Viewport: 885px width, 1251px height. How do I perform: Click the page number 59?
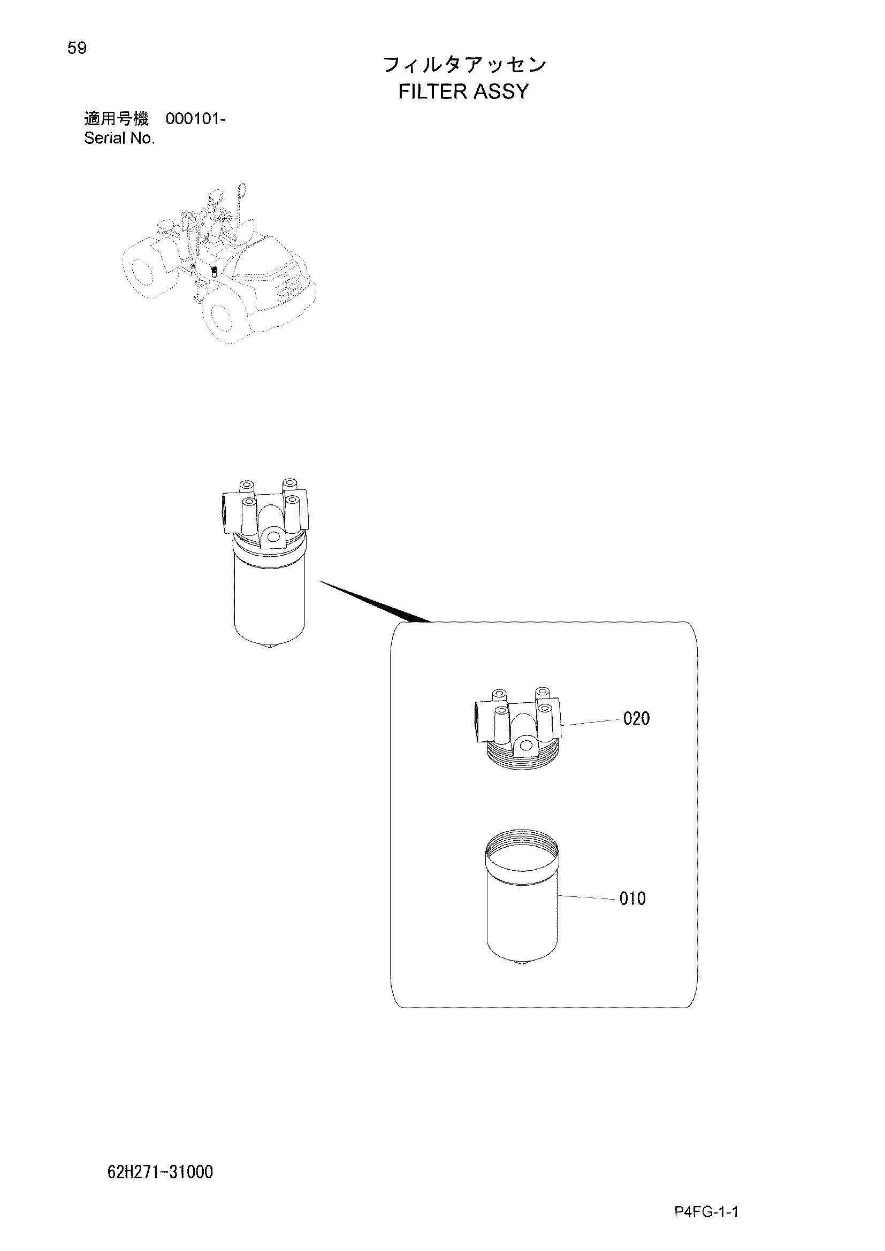[x=77, y=49]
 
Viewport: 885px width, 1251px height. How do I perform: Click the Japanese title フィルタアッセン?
[x=464, y=65]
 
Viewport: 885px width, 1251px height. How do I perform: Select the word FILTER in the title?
[x=433, y=91]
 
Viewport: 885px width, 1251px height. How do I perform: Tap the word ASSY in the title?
[x=501, y=91]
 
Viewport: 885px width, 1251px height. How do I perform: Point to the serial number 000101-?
[x=195, y=118]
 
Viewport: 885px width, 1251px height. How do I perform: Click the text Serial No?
[x=119, y=139]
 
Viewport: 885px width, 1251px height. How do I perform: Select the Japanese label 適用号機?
[x=116, y=118]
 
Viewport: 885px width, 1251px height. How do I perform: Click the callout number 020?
[x=636, y=719]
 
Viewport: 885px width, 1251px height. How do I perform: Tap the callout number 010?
[x=632, y=899]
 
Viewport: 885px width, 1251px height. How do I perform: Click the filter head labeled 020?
[x=518, y=728]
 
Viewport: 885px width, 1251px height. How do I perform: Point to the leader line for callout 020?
[x=591, y=722]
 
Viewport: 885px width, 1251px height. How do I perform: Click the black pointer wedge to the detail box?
[x=375, y=602]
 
